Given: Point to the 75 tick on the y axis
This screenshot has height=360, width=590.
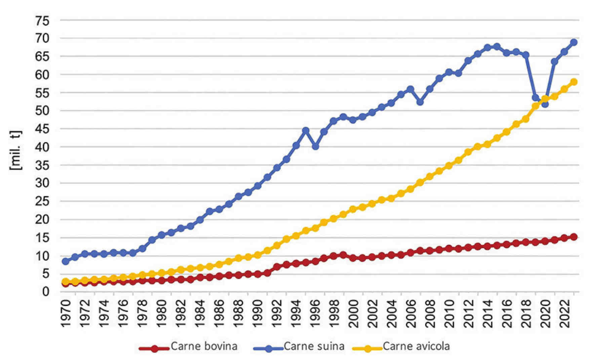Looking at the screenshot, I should click(42, 21).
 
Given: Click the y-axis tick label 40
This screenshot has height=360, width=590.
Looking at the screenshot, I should click(42, 147).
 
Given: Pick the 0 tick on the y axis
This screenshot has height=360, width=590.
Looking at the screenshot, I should click(46, 292).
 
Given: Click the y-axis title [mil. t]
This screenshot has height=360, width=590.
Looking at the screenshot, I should click(15, 150).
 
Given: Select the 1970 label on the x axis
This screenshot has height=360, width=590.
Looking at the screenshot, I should click(66, 313).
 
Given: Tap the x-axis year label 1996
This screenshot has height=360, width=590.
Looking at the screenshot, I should click(315, 313).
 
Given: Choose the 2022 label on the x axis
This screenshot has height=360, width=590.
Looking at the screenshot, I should click(564, 313).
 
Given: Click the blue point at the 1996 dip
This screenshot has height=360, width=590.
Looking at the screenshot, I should click(315, 147).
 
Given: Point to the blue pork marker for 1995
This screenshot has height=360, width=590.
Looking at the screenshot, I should click(306, 131).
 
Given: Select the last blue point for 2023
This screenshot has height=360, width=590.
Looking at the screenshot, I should click(574, 42).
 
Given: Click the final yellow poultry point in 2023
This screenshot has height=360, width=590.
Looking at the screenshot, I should click(574, 82).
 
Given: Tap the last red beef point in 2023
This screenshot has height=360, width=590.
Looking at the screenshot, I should click(574, 237).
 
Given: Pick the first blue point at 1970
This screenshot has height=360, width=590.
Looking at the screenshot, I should click(66, 261).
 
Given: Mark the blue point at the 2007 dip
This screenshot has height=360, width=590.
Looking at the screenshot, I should click(420, 102).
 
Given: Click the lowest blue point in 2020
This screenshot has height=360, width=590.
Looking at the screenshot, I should click(545, 104).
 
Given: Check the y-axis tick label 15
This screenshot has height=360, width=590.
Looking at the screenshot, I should click(42, 238).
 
